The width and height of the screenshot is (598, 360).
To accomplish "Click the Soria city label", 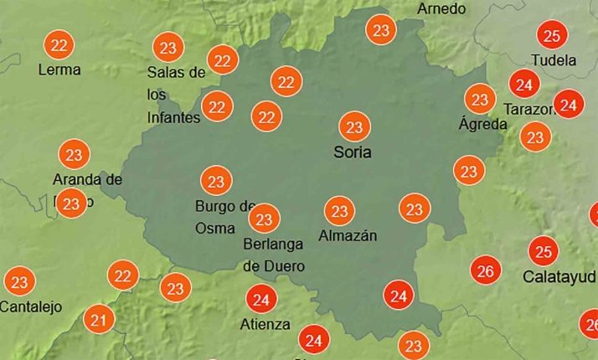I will (352, 152).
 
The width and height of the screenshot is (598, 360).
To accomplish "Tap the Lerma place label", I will (59, 69).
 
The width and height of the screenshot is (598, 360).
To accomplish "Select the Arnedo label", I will (441, 9).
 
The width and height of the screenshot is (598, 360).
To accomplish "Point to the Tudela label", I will (554, 60).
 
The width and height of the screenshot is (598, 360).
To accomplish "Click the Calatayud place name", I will (559, 275).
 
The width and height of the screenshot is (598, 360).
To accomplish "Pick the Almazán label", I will (348, 236).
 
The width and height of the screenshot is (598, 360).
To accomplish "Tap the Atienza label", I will (265, 324).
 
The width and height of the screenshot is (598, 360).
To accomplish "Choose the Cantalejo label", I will (31, 306).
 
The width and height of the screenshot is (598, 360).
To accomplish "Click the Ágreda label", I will (482, 124).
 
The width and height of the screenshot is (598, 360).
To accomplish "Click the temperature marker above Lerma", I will (59, 44).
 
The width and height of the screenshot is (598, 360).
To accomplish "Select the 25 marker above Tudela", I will (551, 35).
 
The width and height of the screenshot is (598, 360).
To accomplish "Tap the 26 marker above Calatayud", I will (485, 270).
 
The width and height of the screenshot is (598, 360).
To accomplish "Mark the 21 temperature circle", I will (99, 319).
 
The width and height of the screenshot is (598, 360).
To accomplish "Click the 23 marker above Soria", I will (353, 127).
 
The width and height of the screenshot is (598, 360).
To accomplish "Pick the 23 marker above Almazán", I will (339, 210).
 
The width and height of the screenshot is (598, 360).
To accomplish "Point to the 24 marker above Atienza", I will (260, 299).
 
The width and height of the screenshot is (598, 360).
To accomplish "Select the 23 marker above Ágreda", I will (479, 100).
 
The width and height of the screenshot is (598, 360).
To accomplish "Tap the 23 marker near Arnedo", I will (381, 31).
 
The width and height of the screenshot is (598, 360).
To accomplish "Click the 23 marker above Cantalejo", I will (19, 282).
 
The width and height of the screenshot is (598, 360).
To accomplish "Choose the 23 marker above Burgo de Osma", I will (216, 181).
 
